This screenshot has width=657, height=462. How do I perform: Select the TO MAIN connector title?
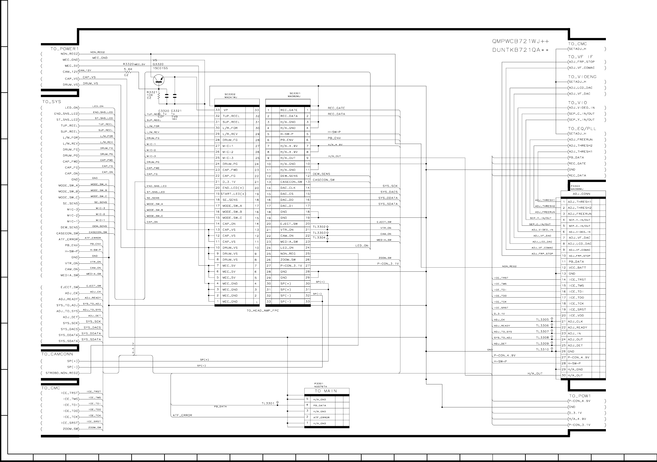326,391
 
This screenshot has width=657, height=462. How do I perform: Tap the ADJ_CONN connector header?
581,194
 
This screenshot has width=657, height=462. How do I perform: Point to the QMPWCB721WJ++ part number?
521,42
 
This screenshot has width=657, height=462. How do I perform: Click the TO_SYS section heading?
51,102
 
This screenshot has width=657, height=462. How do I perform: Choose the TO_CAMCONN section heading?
57,354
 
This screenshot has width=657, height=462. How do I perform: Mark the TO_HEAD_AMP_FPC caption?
263,311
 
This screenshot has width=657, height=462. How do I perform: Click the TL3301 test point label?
268,403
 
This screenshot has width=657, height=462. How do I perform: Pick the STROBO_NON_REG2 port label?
62,373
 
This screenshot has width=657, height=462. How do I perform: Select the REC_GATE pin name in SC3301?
289,110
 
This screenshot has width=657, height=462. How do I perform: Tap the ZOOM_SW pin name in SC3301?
288,260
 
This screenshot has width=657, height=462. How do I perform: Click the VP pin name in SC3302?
225,110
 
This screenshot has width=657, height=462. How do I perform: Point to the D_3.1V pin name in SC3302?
229,182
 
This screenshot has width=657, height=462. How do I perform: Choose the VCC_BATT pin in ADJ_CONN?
577,268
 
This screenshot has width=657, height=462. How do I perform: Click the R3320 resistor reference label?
128,64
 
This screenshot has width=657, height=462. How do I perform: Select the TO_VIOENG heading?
582,77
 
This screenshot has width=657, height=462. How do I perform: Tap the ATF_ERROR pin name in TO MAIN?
321,417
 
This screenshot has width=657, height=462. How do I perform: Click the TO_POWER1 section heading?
65,49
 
